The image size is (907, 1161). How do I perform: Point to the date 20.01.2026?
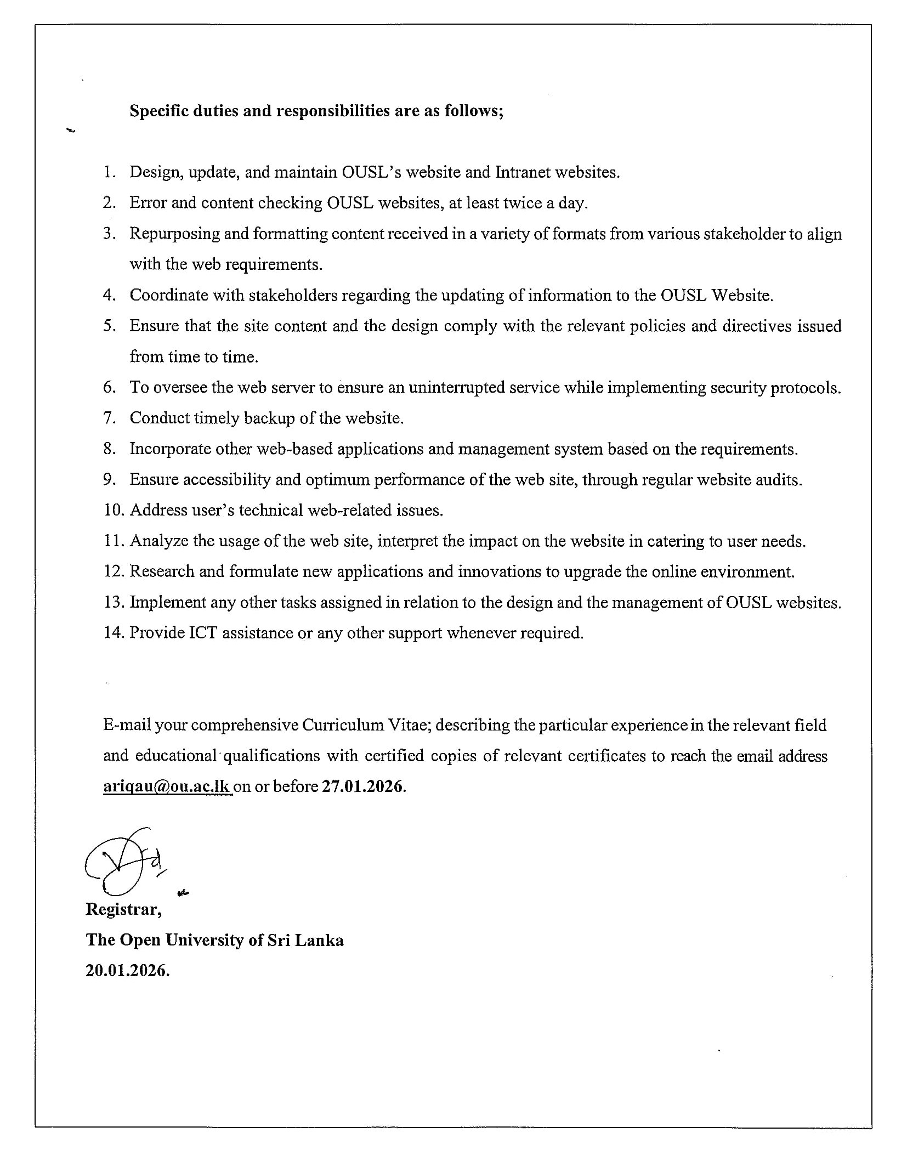pyautogui.click(x=127, y=971)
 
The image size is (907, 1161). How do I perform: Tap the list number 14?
pyautogui.click(x=114, y=633)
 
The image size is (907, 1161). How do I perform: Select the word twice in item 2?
pyautogui.click(x=515, y=203)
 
